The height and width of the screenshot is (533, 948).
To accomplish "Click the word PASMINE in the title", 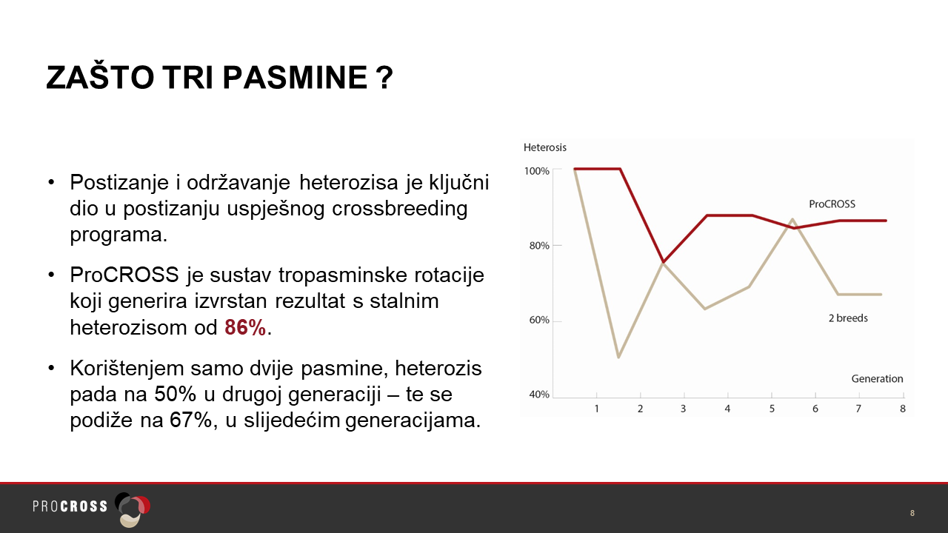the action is (295, 78).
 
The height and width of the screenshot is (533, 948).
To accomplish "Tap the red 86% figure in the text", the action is (245, 327).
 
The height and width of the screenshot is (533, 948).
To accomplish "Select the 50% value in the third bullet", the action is (176, 394).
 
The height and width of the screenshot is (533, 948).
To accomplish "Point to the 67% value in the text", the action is (190, 420).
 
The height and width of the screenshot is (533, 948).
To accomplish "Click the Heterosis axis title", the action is (544, 147).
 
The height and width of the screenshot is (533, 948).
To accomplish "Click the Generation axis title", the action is (877, 378).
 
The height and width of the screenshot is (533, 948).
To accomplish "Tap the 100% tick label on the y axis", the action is (537, 171).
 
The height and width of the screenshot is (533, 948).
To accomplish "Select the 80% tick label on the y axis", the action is (539, 246).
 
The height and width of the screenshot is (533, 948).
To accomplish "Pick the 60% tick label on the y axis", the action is (539, 321).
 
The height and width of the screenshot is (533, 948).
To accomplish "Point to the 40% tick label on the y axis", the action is (539, 395).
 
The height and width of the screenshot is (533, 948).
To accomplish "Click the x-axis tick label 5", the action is (772, 409).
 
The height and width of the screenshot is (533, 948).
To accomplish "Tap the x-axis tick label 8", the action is (902, 409).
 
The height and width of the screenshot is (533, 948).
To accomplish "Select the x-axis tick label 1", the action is (596, 409).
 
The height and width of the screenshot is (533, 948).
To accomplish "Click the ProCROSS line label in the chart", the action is (832, 204).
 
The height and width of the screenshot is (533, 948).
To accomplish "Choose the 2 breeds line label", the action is (848, 318).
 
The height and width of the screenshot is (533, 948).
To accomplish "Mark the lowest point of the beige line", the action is (618, 358).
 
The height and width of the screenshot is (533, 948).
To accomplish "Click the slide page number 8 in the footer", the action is (912, 513).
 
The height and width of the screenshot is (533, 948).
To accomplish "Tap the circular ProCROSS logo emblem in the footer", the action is (133, 509).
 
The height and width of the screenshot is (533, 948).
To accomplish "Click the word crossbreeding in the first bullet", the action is (399, 209).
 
